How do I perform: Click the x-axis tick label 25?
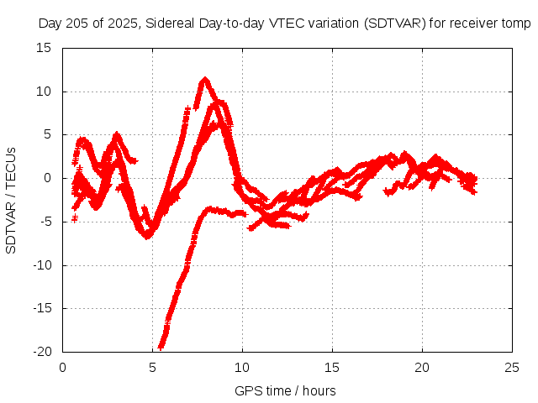tap(512, 367)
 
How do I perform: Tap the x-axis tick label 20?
tap(422, 367)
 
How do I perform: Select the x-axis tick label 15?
tap(332, 367)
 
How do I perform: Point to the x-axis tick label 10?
tap(242, 367)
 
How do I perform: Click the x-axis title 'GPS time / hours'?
tap(286, 390)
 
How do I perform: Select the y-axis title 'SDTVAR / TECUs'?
tap(12, 200)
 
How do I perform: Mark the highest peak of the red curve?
tap(204, 80)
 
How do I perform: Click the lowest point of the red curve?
tap(161, 346)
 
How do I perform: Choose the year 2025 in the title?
tap(121, 24)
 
